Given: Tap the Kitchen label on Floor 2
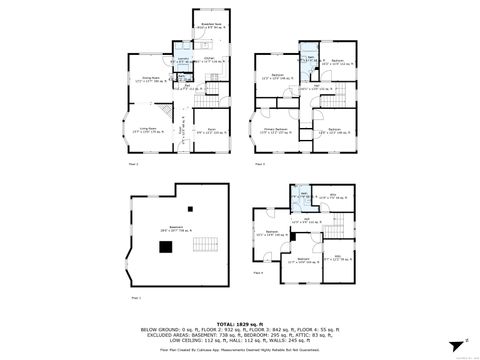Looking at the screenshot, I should (183, 61).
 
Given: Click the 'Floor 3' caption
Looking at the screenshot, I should (260, 161).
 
